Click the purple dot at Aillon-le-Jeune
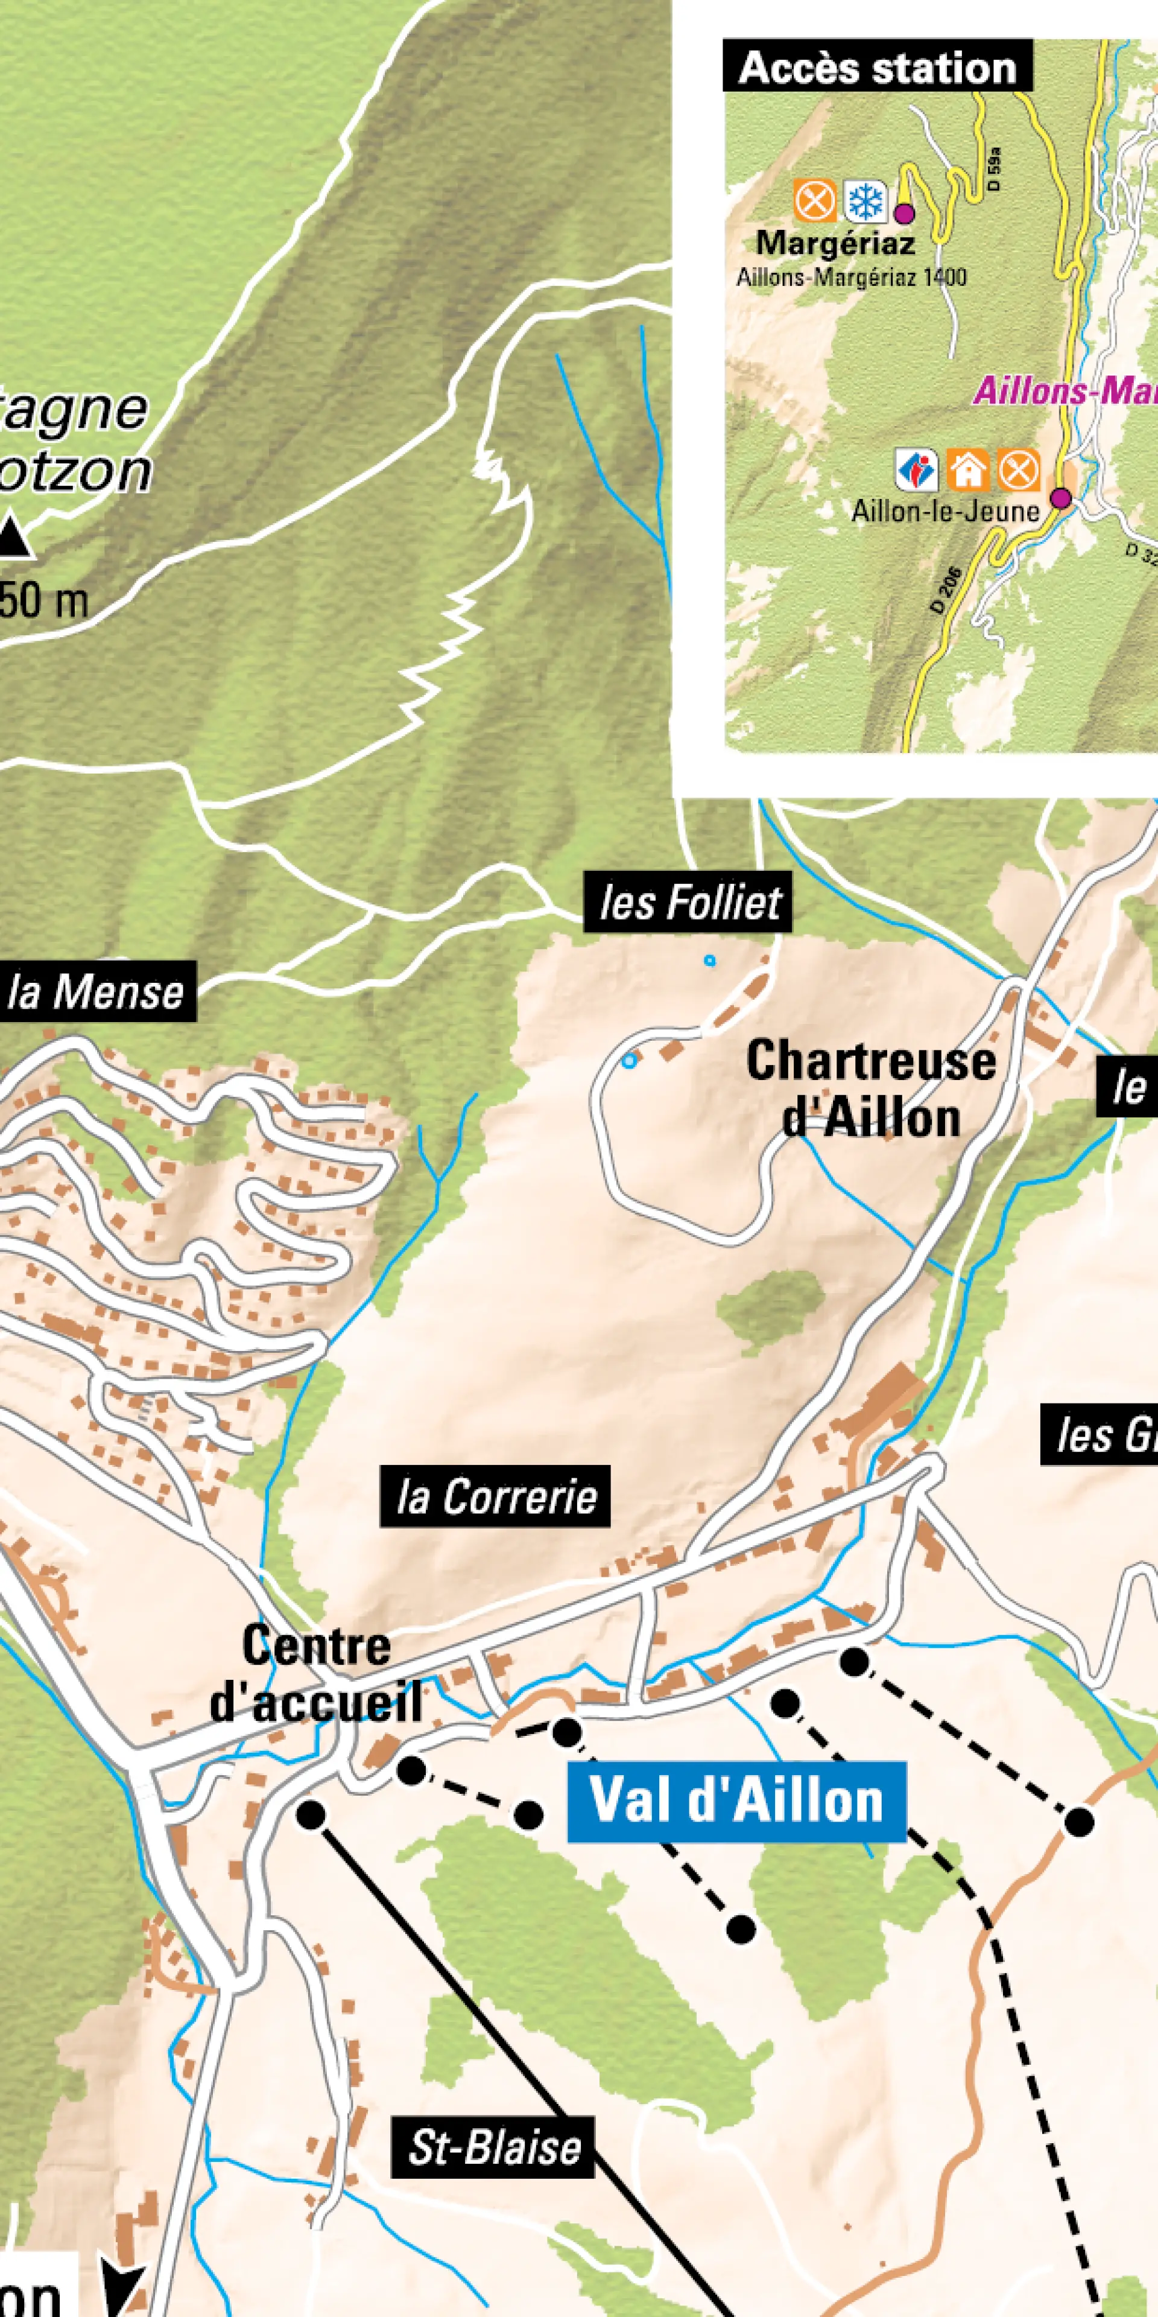[x=1061, y=497]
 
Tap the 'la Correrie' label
[x=495, y=1496]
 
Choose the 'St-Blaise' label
[x=493, y=2147]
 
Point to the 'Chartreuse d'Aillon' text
[x=870, y=1089]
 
